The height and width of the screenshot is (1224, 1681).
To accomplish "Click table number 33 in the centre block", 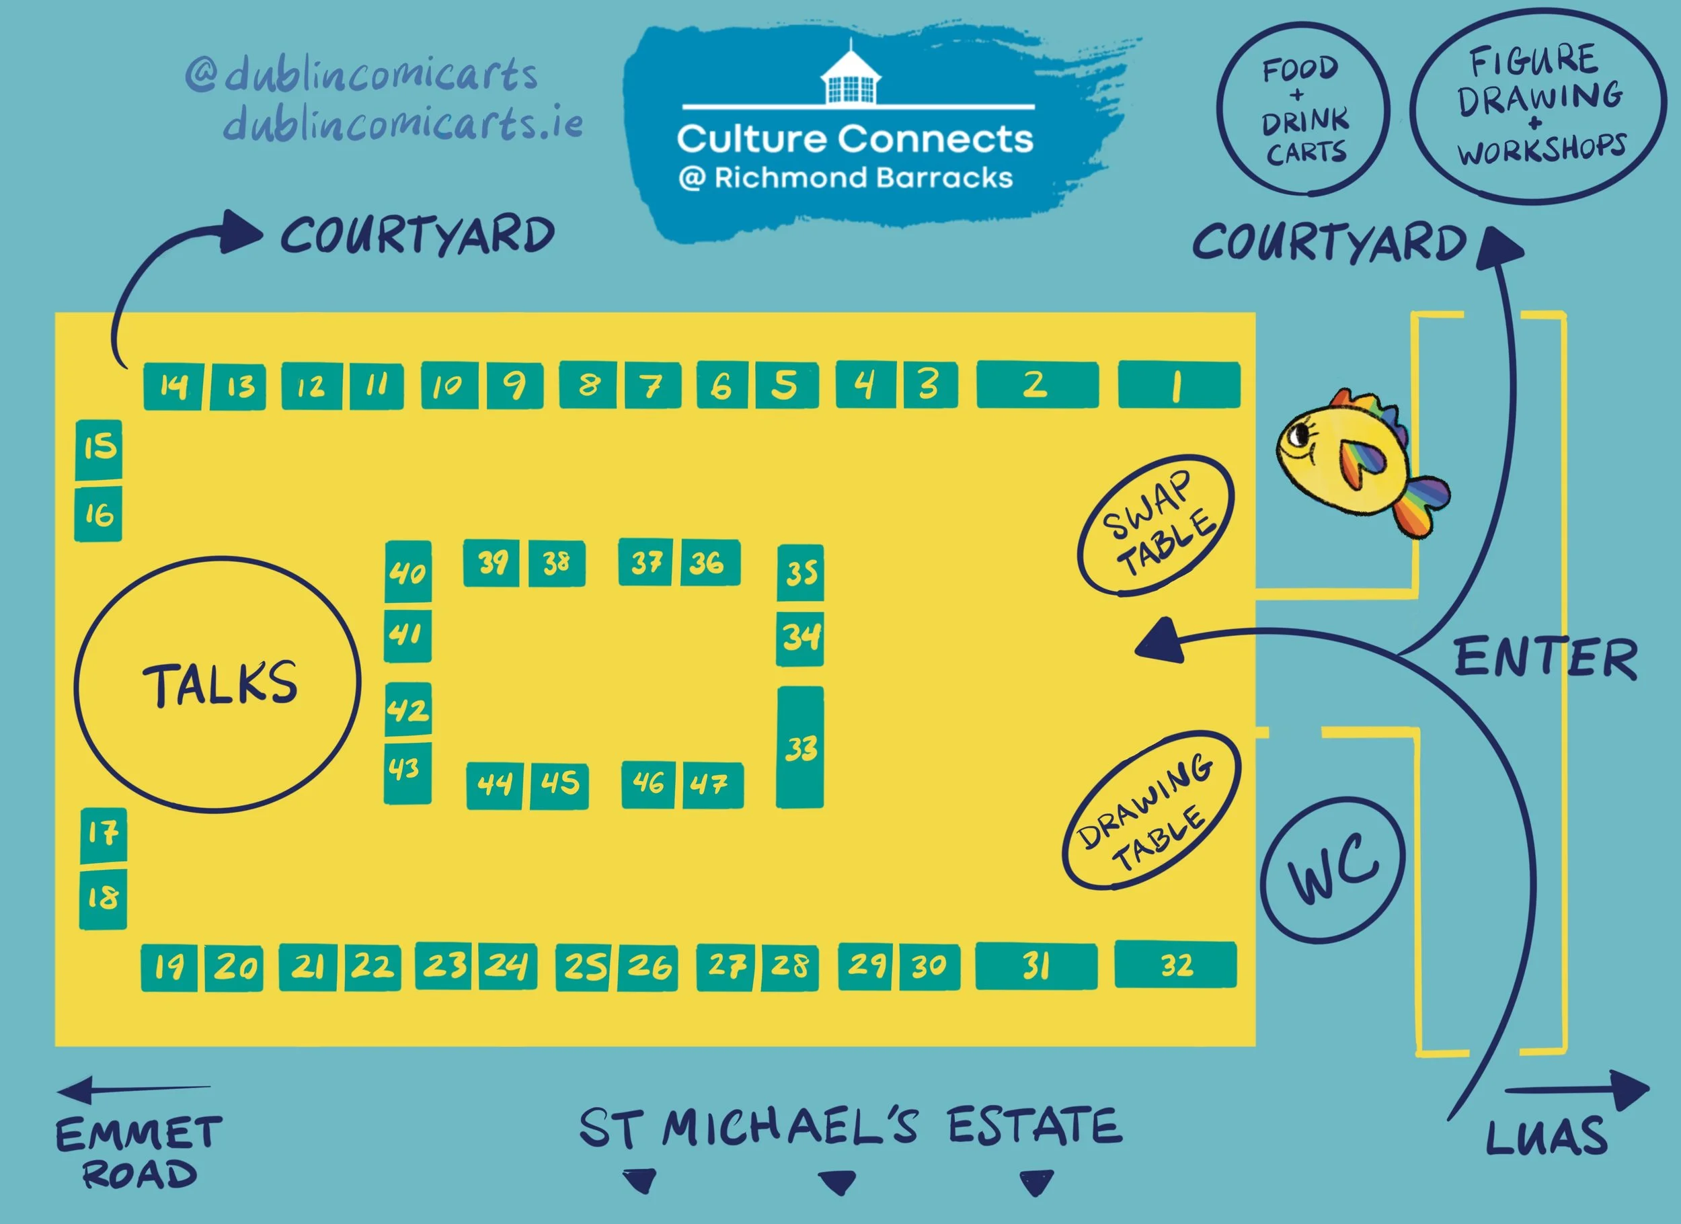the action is coord(799,747).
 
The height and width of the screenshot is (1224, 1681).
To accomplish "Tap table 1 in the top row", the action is coord(1179,385).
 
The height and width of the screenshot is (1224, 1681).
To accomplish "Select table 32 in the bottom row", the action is coord(1175,965).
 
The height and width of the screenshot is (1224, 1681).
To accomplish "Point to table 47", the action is coord(712,784).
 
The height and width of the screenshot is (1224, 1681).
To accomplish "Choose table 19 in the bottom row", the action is coord(169,967).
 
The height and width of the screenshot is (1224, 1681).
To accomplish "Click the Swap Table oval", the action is coord(1157,524).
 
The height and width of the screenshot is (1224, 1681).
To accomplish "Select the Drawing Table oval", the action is coord(1150,811).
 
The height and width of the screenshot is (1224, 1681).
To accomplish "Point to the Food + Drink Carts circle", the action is coord(1304,110).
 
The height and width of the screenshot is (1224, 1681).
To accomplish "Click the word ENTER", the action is coord(1545,658).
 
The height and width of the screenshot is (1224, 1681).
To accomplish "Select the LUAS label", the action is coord(1546,1137).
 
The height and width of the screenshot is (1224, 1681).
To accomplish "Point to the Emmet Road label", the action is coord(139,1152).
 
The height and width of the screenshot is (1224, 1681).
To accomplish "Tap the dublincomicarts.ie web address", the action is coord(403,124).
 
